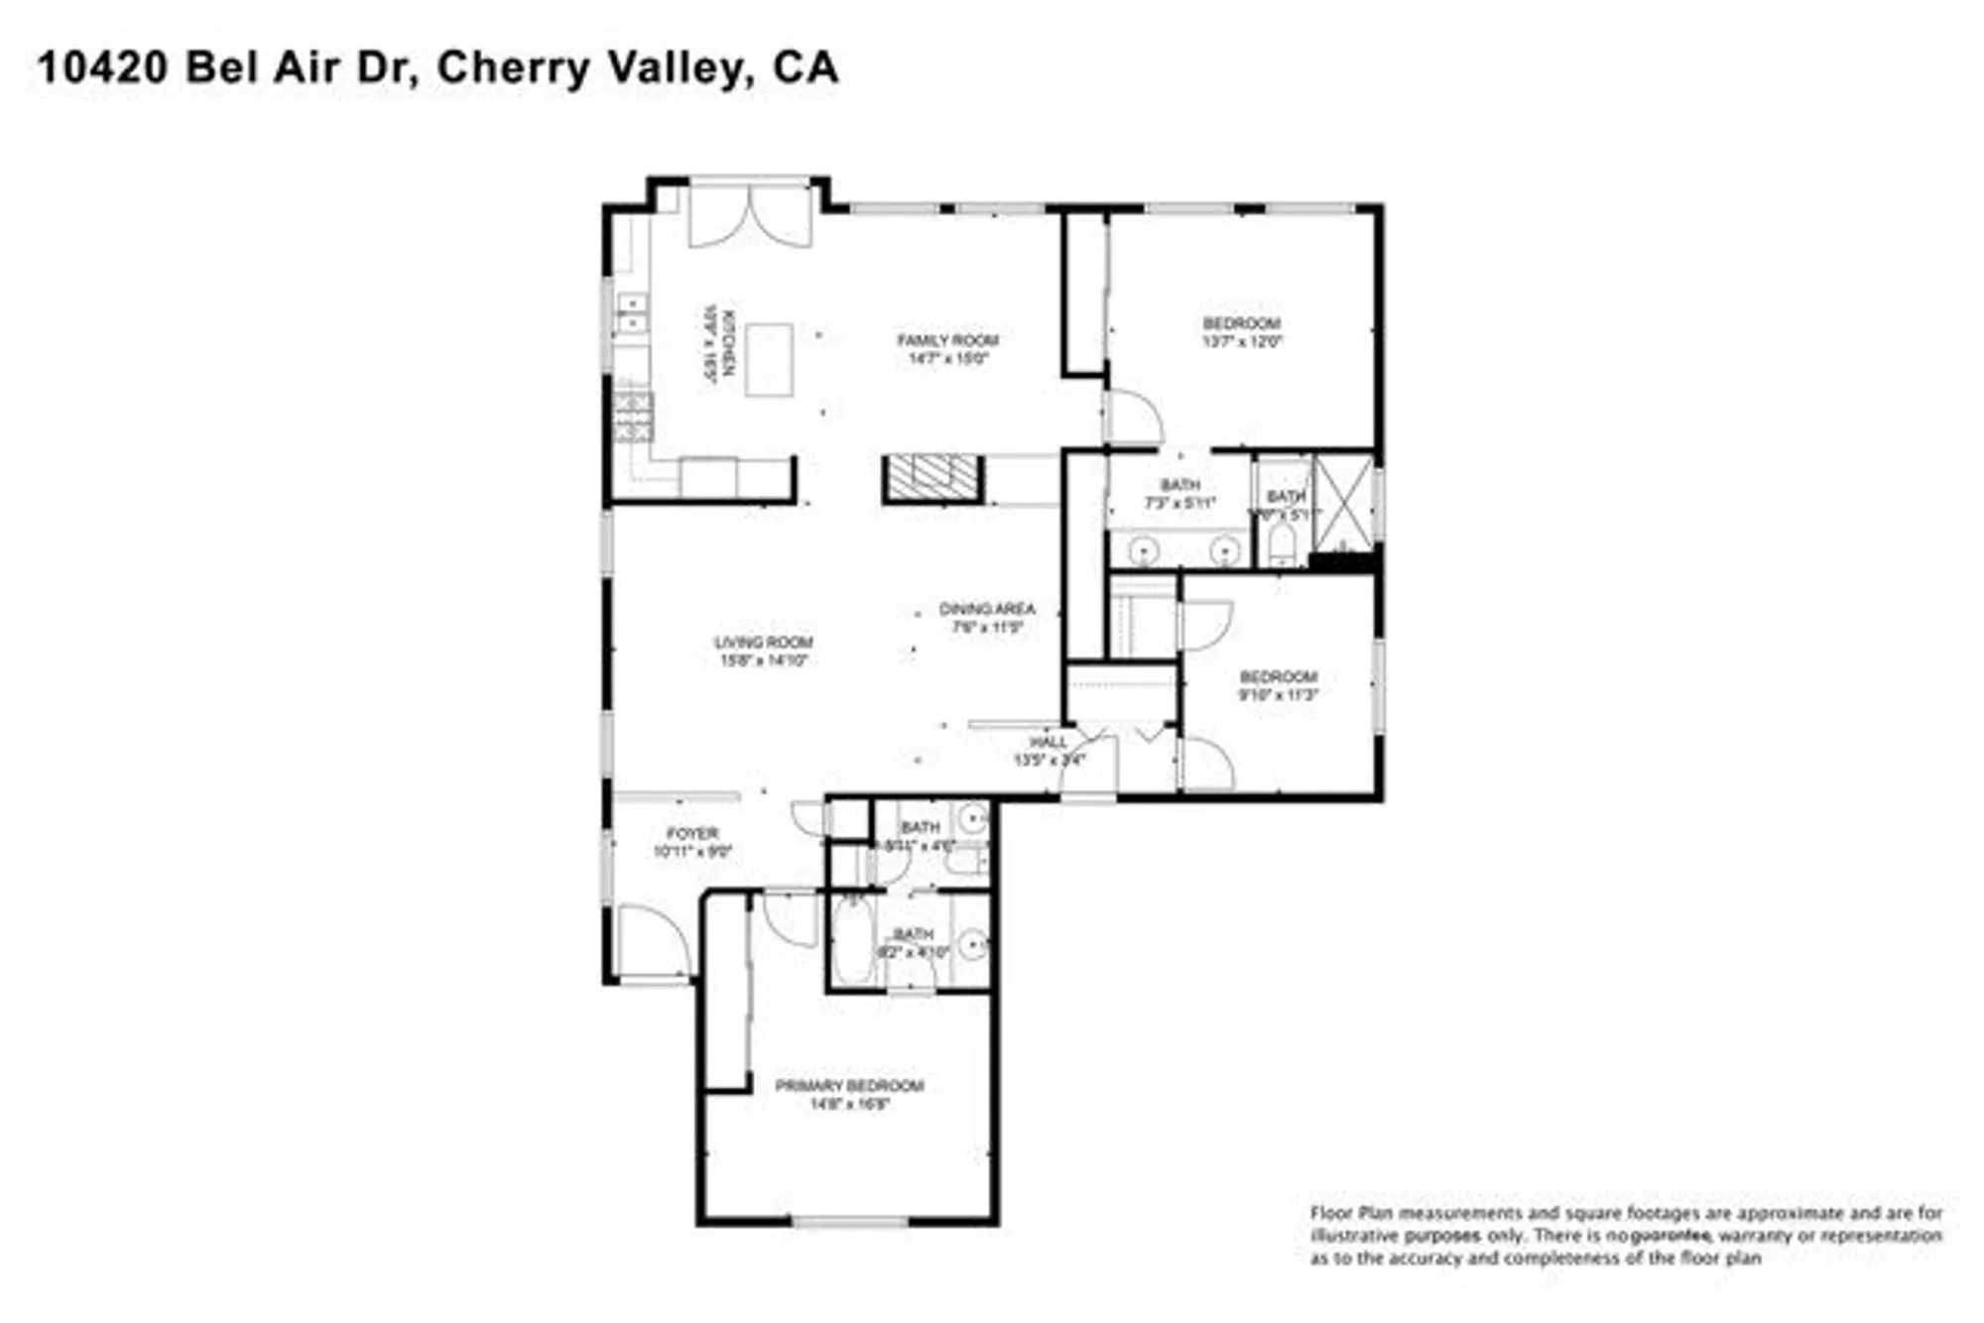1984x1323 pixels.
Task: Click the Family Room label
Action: tap(947, 340)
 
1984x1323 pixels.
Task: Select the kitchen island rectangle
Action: tap(769, 360)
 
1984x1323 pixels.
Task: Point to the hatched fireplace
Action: tap(931, 479)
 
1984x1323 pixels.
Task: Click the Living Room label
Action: tap(763, 643)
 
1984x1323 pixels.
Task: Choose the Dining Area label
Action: tap(986, 609)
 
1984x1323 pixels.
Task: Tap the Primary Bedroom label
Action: tap(849, 1086)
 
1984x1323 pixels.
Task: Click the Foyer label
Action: tap(691, 833)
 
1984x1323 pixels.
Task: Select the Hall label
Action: tap(1048, 742)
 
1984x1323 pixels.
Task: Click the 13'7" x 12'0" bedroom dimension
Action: tap(1242, 341)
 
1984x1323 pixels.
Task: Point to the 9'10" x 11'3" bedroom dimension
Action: tap(1278, 695)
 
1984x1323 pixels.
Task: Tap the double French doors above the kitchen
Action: tap(750, 215)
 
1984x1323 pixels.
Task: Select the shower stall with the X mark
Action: tap(1342, 503)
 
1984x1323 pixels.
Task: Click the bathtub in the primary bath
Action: tap(851, 940)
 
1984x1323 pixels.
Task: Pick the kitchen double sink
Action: tap(631, 313)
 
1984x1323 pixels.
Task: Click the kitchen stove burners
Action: tap(633, 417)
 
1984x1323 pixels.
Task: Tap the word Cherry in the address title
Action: tap(513, 68)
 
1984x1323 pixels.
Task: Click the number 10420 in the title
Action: tap(102, 68)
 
